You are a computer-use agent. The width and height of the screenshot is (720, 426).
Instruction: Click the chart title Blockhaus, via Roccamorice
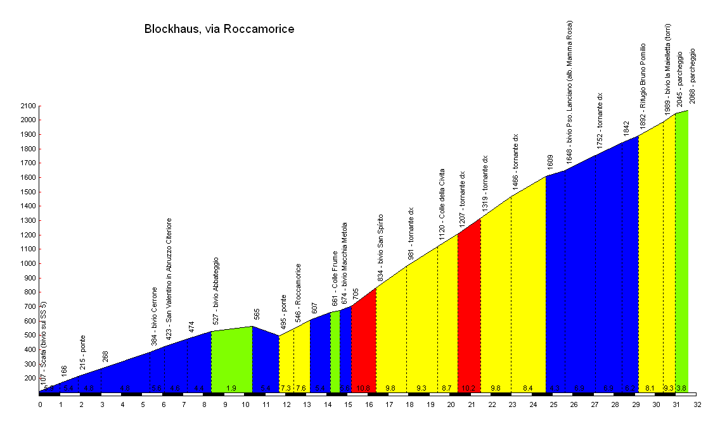point(219,29)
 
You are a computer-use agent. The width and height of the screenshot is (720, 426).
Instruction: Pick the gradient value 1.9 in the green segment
point(231,388)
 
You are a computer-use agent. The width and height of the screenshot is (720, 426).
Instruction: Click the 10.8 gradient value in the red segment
point(363,388)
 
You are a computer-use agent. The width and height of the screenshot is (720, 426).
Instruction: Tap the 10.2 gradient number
point(468,388)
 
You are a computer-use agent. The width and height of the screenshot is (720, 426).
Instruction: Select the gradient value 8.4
point(527,388)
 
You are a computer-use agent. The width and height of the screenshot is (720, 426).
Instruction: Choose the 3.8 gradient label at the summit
point(681,388)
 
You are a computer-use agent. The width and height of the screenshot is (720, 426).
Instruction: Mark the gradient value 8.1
point(650,388)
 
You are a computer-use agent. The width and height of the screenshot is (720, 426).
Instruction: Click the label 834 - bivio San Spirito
point(381,247)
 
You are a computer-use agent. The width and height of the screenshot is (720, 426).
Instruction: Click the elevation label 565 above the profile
point(257,315)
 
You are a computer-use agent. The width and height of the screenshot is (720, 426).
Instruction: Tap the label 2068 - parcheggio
point(692,76)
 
